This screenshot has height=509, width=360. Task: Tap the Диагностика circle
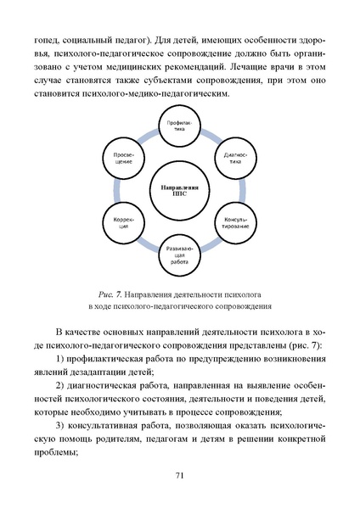tap(234, 160)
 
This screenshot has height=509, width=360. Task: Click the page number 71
tap(180, 476)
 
